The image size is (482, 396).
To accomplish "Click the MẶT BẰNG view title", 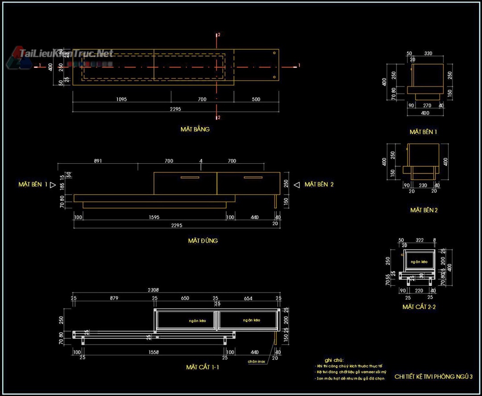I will click(x=195, y=129).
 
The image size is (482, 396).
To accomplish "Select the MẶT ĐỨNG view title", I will click(x=203, y=241).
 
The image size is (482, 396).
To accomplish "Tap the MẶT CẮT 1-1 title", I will click(x=202, y=367).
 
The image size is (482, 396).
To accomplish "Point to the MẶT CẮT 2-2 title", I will click(x=419, y=307).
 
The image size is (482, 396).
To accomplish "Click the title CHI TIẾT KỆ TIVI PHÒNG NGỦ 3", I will click(x=433, y=377).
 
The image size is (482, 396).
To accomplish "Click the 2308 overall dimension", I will click(x=153, y=290).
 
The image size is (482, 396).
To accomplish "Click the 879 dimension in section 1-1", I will click(x=114, y=298).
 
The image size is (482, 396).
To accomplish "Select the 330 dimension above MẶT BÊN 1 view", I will click(x=428, y=54).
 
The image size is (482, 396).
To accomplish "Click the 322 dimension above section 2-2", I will click(x=419, y=240).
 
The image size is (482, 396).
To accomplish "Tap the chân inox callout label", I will click(x=257, y=362).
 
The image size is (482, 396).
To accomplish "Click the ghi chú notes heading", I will click(x=334, y=360).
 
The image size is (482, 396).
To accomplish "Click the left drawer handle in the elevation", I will click(x=190, y=177).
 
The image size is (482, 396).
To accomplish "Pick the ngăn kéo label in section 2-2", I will click(x=419, y=262).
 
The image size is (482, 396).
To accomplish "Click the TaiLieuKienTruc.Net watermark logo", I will click(x=60, y=55).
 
